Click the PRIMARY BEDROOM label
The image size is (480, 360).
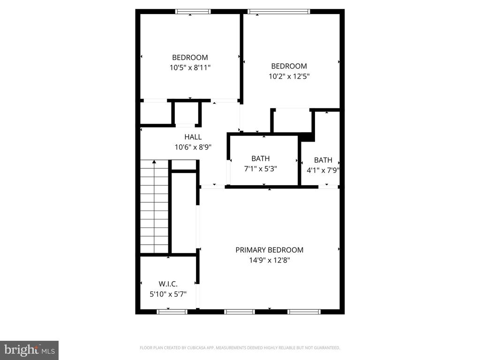(x=269, y=250)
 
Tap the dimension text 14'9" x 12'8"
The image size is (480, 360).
(x=269, y=260)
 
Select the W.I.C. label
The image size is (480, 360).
(x=168, y=284)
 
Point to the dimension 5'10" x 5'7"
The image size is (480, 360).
(x=168, y=294)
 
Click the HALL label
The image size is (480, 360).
(x=193, y=137)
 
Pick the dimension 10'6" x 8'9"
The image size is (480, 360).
(x=193, y=147)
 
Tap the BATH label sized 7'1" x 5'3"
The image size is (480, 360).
(x=260, y=158)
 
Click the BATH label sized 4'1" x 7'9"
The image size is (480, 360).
(x=323, y=160)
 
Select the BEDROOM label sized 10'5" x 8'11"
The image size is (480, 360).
(x=189, y=57)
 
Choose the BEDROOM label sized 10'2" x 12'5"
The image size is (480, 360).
(x=289, y=66)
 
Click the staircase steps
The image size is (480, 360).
(x=154, y=211)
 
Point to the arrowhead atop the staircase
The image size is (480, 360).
(x=154, y=162)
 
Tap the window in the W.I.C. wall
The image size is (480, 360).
(x=172, y=311)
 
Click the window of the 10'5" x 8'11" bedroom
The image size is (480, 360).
(x=193, y=12)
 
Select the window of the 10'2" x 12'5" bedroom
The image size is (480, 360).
(x=278, y=12)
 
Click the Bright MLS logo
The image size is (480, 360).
(x=29, y=350)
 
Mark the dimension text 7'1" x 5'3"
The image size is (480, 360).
(x=260, y=169)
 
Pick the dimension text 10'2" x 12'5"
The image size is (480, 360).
(x=289, y=76)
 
